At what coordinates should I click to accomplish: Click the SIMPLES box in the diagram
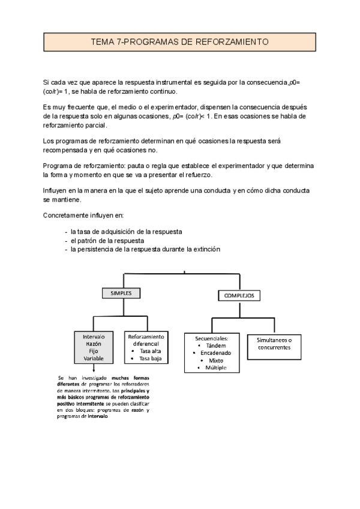point(120,293)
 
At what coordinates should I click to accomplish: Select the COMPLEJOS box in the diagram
point(239,296)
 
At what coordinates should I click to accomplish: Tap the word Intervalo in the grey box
point(94,337)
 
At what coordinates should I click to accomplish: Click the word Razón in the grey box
point(94,345)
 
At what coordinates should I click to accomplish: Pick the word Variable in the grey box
point(94,358)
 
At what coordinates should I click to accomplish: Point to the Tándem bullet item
point(216,346)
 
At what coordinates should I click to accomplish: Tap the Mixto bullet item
point(215,360)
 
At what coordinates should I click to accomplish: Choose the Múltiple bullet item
point(216,367)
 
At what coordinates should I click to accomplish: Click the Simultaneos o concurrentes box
point(274,343)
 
